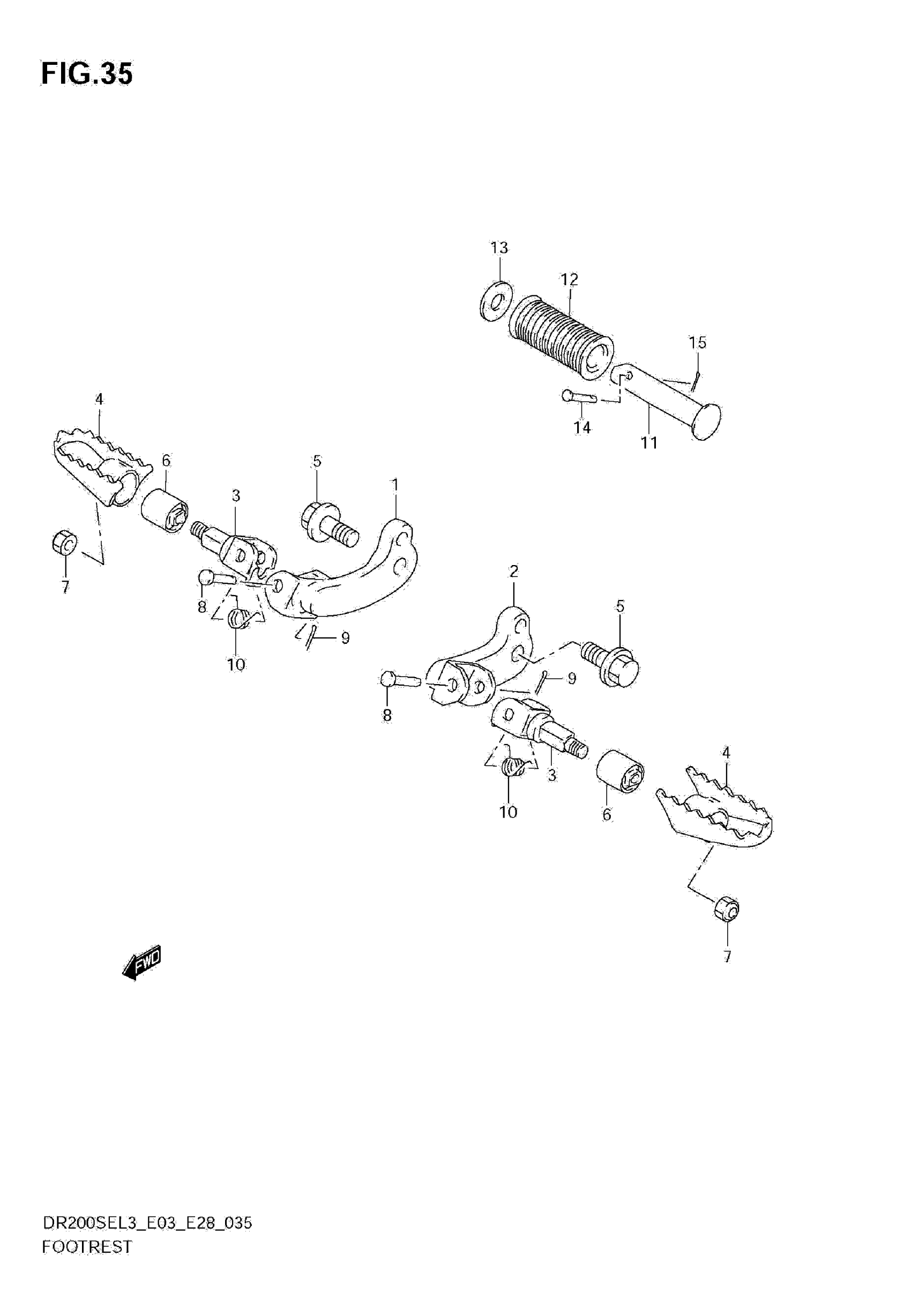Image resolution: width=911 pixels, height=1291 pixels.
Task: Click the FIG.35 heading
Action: tap(87, 74)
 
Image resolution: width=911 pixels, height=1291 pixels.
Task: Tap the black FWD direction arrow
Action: tap(142, 964)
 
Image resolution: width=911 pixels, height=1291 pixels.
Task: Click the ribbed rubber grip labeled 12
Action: tap(561, 338)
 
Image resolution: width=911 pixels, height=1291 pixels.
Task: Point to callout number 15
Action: tap(697, 343)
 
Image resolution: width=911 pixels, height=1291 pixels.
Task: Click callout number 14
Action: tap(582, 428)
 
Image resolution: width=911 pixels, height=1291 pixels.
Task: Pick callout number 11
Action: tap(649, 443)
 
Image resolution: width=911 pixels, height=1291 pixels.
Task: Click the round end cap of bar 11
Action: tap(707, 420)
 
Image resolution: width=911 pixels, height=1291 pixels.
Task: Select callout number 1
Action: tap(395, 485)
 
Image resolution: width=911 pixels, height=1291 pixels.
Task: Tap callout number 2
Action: tap(513, 572)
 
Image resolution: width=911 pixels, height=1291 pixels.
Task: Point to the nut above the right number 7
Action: tap(727, 908)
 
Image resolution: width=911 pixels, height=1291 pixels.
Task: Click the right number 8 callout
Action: tap(387, 716)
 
